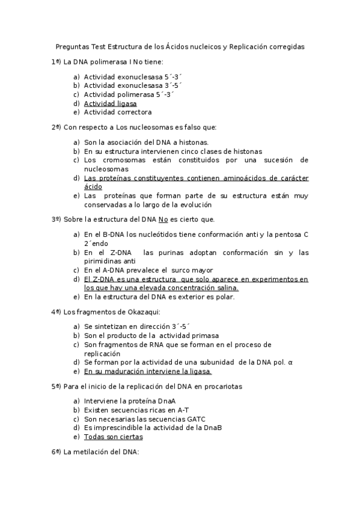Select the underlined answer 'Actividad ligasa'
pyautogui.click(x=110, y=103)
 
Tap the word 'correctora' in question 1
pyautogui.click(x=135, y=112)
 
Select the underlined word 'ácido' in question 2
pyautogui.click(x=93, y=186)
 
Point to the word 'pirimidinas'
pyautogui.click(x=105, y=262)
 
